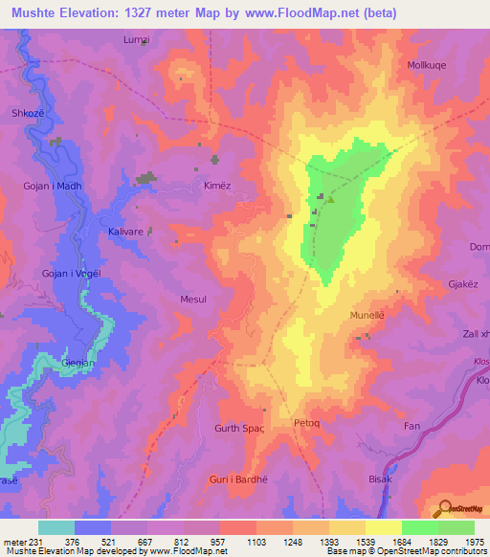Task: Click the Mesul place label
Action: [193, 299]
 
